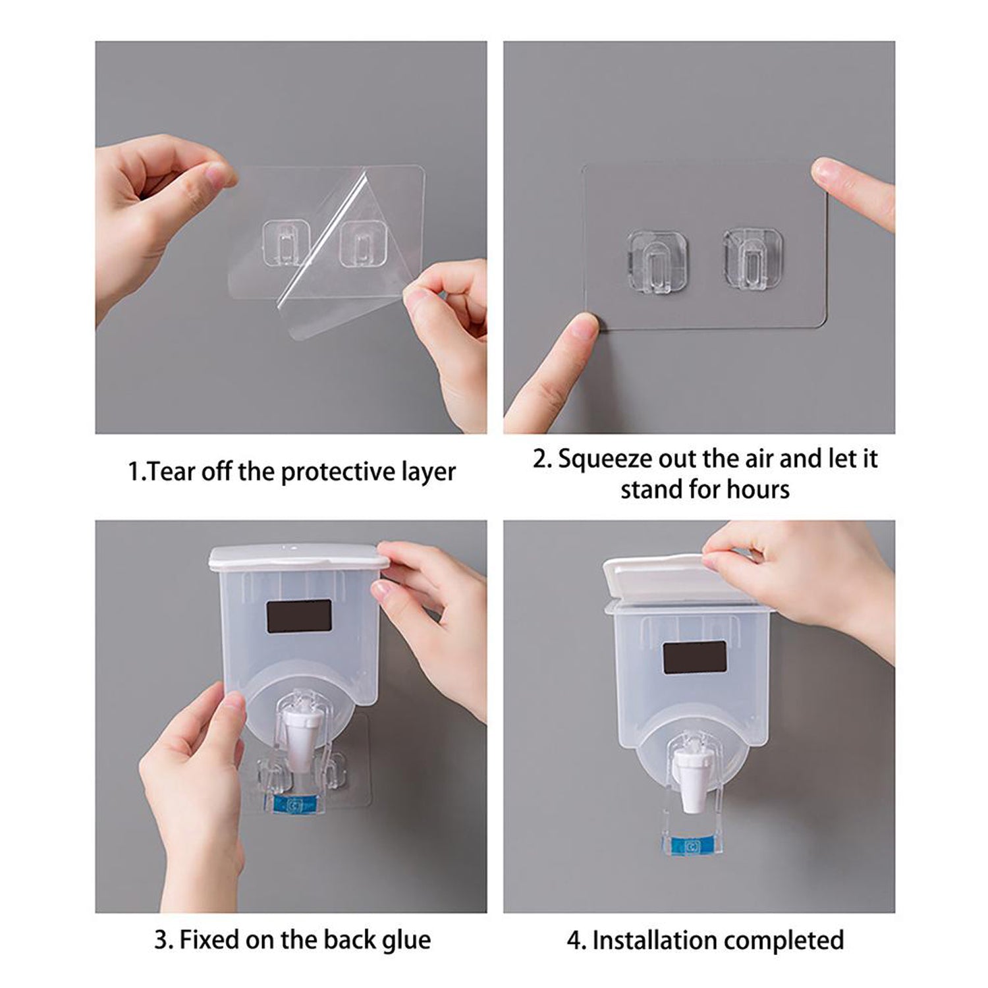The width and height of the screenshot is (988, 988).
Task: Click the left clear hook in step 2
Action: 657,262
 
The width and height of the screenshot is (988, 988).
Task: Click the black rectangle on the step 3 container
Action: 300,616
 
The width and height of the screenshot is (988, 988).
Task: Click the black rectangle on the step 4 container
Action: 694,658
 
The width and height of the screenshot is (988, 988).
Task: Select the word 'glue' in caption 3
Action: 406,939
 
